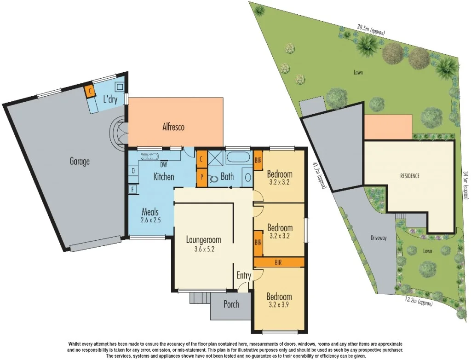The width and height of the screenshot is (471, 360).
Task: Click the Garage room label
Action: (x=80, y=161)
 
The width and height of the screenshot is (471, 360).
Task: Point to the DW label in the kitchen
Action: (x=163, y=165)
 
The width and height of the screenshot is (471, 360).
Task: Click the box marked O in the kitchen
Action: (x=133, y=171)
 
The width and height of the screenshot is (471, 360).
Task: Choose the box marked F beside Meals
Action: (x=133, y=189)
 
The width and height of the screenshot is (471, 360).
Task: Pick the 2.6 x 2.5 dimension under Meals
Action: (x=150, y=221)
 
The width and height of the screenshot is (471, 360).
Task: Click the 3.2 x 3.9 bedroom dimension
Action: (x=279, y=305)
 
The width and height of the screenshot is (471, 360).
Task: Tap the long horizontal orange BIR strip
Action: (x=279, y=262)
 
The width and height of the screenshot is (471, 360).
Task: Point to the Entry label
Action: (x=244, y=276)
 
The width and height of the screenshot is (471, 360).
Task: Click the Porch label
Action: (x=231, y=304)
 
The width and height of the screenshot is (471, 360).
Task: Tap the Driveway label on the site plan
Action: (x=378, y=238)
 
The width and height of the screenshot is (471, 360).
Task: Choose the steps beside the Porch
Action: (x=198, y=298)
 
